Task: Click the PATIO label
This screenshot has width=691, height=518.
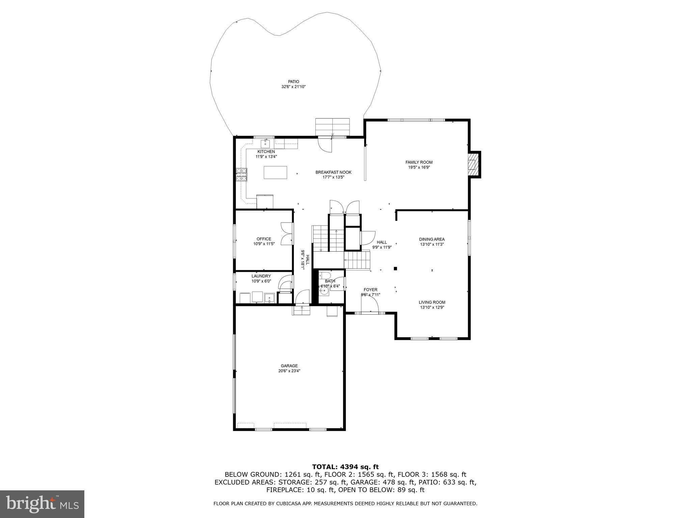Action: [x=293, y=82]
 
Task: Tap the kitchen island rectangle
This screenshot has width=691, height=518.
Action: [x=275, y=172]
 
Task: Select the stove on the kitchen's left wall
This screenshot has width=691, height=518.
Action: [x=241, y=175]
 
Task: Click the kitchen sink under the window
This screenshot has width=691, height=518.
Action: [x=265, y=143]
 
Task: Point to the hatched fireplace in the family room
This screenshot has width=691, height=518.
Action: [x=473, y=165]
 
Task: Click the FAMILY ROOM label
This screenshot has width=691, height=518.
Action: [x=419, y=162]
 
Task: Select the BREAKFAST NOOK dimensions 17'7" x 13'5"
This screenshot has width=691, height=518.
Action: [x=333, y=177]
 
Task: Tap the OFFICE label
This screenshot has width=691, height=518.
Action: [x=264, y=239]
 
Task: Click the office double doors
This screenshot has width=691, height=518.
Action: [x=287, y=234]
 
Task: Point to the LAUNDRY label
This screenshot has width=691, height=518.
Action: [x=261, y=276]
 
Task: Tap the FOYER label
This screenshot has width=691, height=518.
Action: [x=370, y=290]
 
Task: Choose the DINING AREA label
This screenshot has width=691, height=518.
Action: [x=432, y=239]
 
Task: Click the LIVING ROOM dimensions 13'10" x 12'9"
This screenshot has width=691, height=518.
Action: [x=432, y=308]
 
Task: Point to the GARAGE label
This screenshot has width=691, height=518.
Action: [x=289, y=366]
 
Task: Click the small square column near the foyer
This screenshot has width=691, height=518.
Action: [x=395, y=269]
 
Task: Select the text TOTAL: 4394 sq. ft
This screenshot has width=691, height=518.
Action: [x=345, y=467]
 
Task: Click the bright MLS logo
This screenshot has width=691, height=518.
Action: [x=42, y=504]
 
